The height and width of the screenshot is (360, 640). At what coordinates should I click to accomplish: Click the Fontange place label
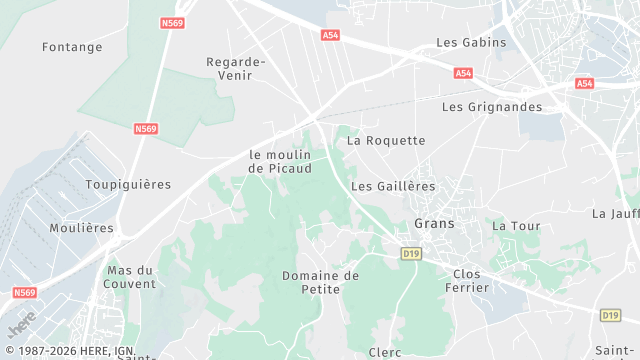click(x=72, y=47)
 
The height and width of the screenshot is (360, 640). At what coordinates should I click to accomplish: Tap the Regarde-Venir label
click(x=236, y=68)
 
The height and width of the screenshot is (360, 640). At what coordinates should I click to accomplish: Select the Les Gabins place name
click(x=471, y=43)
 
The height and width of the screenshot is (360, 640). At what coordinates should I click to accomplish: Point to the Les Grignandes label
click(x=492, y=107)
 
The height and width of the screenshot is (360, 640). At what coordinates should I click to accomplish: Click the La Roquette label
click(x=386, y=141)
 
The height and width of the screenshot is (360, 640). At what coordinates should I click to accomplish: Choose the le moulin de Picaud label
click(x=280, y=162)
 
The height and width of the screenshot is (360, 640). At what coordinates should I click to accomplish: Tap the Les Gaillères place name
click(x=394, y=187)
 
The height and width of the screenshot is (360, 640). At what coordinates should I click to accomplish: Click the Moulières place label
click(x=82, y=228)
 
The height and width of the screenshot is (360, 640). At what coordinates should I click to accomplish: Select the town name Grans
click(x=434, y=224)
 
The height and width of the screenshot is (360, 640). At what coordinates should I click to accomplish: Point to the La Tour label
click(x=516, y=227)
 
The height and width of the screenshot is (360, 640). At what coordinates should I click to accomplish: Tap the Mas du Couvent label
click(x=131, y=277)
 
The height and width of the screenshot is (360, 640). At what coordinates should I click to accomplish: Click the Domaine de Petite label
click(x=320, y=282)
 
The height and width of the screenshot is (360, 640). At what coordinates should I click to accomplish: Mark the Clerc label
click(x=385, y=352)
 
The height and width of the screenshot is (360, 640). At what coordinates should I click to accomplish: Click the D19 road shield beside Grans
click(x=410, y=254)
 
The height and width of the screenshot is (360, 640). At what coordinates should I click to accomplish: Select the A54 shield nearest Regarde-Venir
click(x=331, y=35)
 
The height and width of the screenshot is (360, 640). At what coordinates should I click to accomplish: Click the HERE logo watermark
click(x=21, y=325)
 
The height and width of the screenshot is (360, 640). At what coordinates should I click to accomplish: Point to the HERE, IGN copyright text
click(x=70, y=351)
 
